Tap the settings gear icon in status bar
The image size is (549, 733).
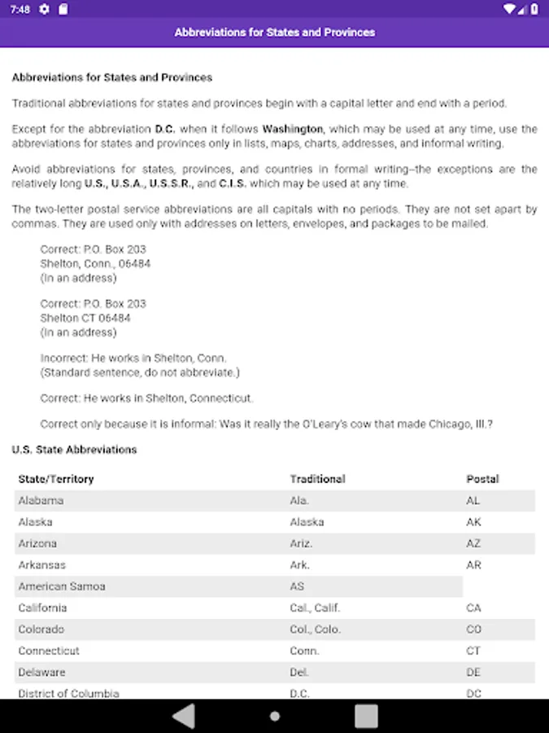(44, 9)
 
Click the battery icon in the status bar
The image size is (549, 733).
(533, 9)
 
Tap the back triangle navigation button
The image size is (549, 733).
(184, 716)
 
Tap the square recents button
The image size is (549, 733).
(366, 716)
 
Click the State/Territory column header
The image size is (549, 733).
(56, 479)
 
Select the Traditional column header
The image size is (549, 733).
(317, 479)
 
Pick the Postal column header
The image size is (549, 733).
(482, 479)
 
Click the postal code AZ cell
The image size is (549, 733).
(473, 543)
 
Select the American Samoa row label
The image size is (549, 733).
(62, 586)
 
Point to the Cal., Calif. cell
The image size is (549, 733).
(315, 608)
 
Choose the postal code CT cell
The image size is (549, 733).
(473, 651)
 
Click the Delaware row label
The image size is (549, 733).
(41, 672)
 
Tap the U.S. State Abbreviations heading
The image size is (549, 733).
(74, 450)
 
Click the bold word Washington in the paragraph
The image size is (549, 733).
(293, 129)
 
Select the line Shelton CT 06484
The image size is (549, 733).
(85, 318)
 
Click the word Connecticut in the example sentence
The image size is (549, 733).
(220, 398)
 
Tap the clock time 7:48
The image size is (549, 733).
(20, 9)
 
